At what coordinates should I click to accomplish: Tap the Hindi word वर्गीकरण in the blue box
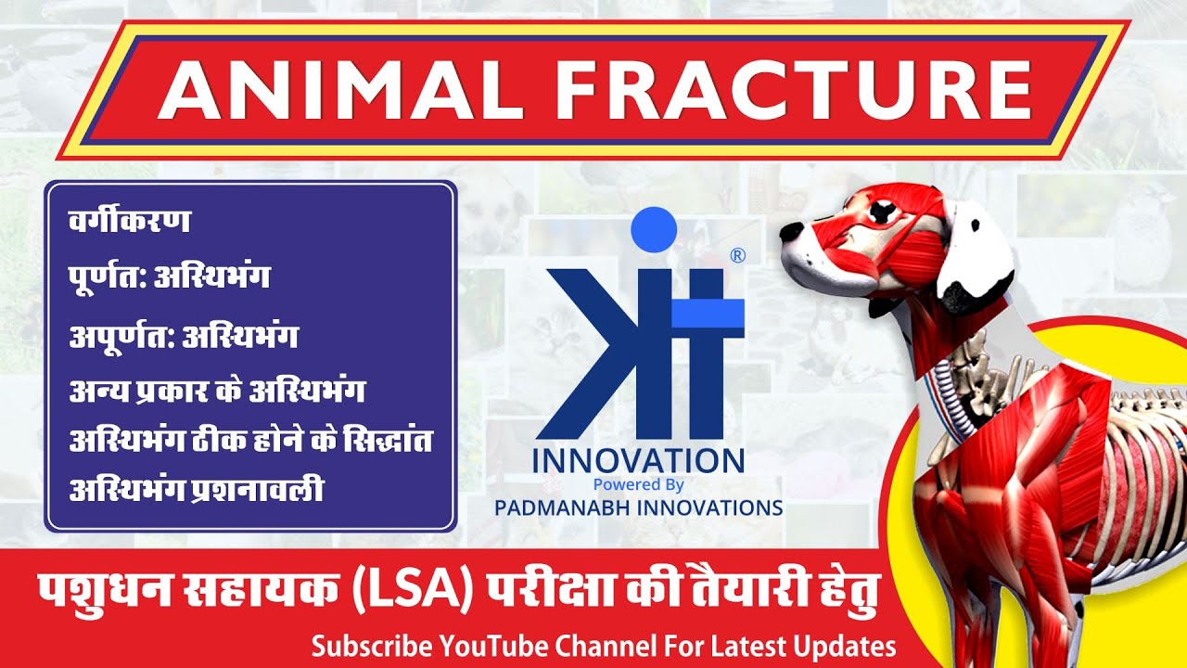tap(130, 223)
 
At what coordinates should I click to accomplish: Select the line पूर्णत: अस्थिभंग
tap(170, 277)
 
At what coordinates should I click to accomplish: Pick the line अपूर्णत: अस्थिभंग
tap(183, 336)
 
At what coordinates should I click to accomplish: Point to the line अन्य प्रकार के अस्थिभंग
tap(217, 391)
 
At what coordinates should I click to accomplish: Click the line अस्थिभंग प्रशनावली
tap(197, 491)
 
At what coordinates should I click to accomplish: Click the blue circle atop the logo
tap(654, 228)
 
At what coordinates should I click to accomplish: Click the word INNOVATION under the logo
tap(638, 460)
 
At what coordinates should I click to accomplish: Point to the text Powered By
tap(638, 484)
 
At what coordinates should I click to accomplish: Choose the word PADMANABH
tap(565, 507)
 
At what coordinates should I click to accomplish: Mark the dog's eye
tap(874, 213)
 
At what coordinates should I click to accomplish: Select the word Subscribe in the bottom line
tap(373, 646)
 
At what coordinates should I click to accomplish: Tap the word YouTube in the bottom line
tap(493, 646)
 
